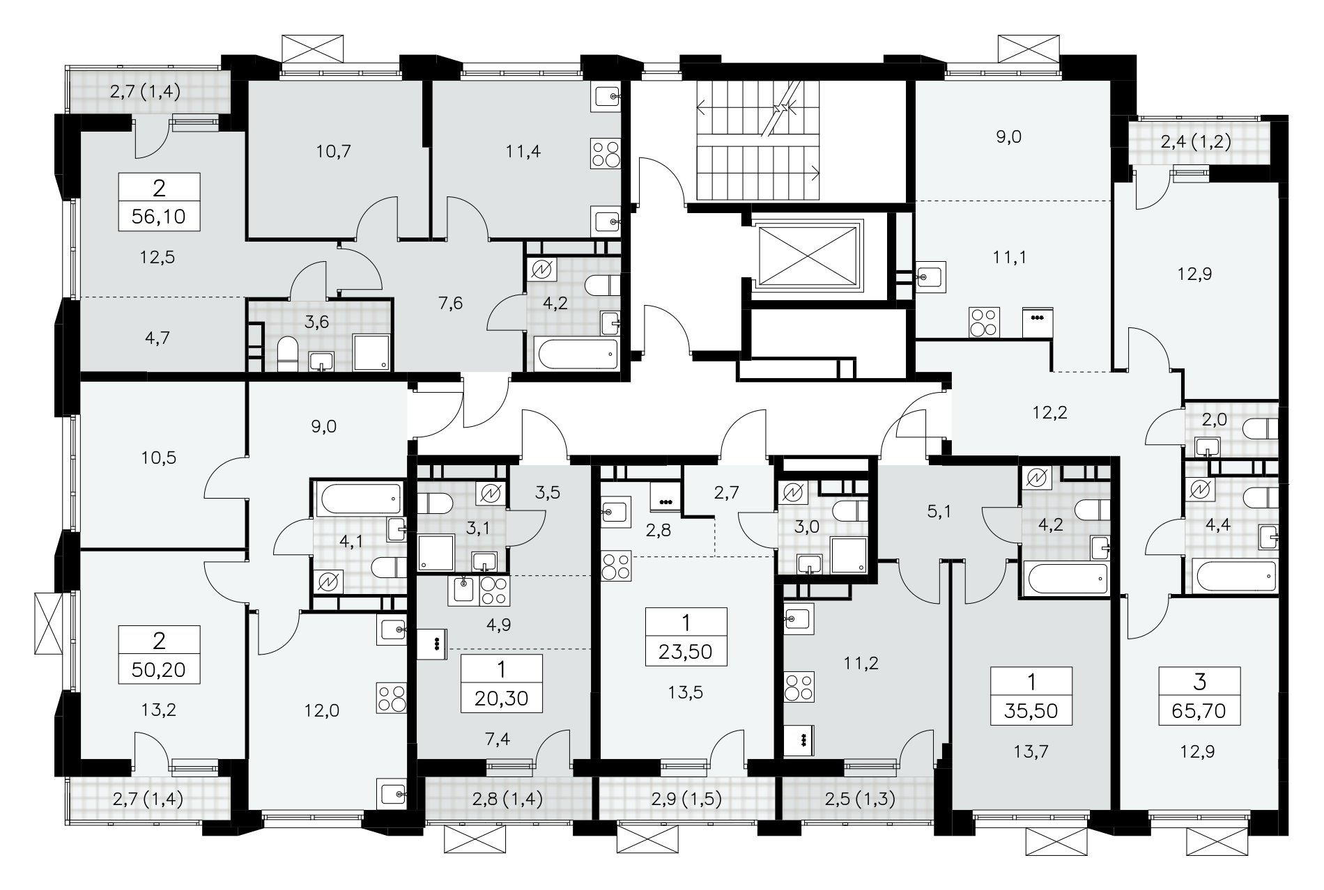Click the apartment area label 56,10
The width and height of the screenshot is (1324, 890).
click(159, 217)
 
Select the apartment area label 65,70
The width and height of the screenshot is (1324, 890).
click(1199, 711)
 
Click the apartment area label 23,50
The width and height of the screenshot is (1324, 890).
click(686, 651)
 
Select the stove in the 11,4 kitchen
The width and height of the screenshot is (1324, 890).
click(604, 153)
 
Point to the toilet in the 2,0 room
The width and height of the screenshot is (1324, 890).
click(1262, 428)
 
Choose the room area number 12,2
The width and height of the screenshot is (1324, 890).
click(1050, 412)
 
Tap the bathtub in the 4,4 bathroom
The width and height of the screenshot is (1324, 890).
click(1235, 575)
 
